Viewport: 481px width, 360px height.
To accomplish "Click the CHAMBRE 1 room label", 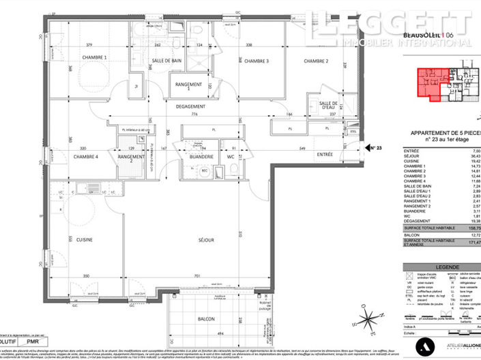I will coord(96,58).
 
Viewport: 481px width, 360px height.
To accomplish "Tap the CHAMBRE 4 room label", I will coord(86,157).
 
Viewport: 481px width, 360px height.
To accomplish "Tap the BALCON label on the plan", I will coord(207,319).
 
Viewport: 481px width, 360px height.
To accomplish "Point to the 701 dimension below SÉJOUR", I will coord(197,276).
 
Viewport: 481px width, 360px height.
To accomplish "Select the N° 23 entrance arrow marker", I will coord(373,147).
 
